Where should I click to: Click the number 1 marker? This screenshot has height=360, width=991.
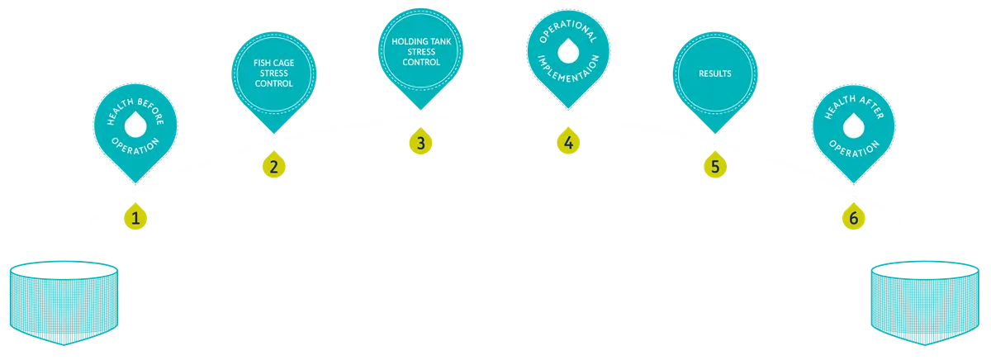pyautogui.click(x=135, y=217)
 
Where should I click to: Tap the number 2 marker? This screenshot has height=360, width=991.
pyautogui.click(x=273, y=165)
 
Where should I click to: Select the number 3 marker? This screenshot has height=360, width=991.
pyautogui.click(x=420, y=142)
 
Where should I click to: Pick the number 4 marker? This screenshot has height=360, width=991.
pyautogui.click(x=567, y=142)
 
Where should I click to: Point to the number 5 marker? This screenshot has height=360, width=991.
pyautogui.click(x=714, y=165)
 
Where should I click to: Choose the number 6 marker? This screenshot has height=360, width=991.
pyautogui.click(x=853, y=217)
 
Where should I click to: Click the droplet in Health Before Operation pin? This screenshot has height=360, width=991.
pyautogui.click(x=135, y=125)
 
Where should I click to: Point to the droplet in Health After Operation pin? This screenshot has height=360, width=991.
pyautogui.click(x=853, y=125)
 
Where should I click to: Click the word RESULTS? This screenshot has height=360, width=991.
pyautogui.click(x=714, y=73)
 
